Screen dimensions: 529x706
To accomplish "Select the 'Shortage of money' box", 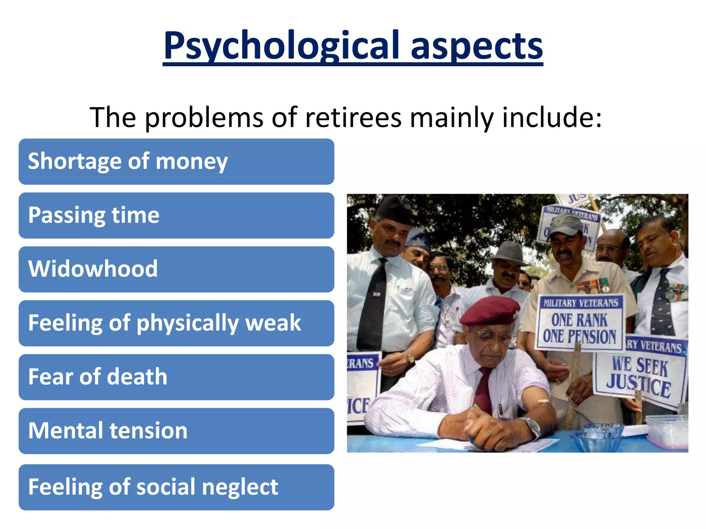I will point(176,162).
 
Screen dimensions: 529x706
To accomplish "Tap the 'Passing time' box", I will point(176,216).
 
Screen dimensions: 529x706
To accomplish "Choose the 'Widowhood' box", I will point(176,269).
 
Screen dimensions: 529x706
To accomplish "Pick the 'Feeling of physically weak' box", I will point(176,323).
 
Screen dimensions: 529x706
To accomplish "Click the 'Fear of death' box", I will point(176,377).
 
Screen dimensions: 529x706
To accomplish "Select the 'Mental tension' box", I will point(176,431).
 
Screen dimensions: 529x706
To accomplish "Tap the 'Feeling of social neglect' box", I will point(176,487).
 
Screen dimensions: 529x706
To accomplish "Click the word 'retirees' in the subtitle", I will point(353,118).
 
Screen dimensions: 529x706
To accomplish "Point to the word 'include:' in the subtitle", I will point(552,118).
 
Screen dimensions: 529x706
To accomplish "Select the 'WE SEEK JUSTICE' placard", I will point(639,374).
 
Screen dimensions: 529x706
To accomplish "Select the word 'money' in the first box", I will point(192,162).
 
